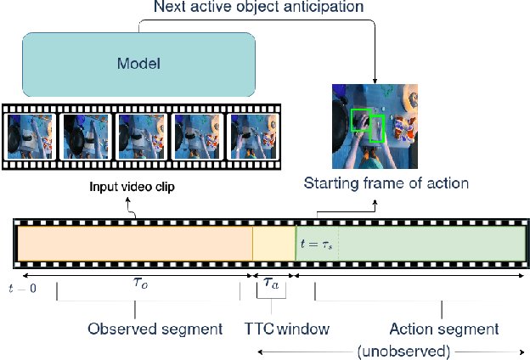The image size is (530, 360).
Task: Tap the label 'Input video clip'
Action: [x=132, y=187]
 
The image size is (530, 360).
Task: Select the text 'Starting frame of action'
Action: [x=386, y=183]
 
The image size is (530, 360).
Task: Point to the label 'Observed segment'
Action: [x=155, y=329]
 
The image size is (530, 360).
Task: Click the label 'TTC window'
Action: [x=286, y=329]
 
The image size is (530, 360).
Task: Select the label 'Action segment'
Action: [x=443, y=329]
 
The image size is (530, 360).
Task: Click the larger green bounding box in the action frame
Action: [x=360, y=123]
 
